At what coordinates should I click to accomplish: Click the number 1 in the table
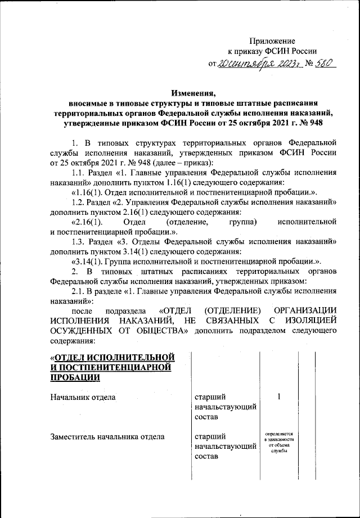[279, 397]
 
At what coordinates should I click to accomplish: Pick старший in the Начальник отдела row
[208, 397]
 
